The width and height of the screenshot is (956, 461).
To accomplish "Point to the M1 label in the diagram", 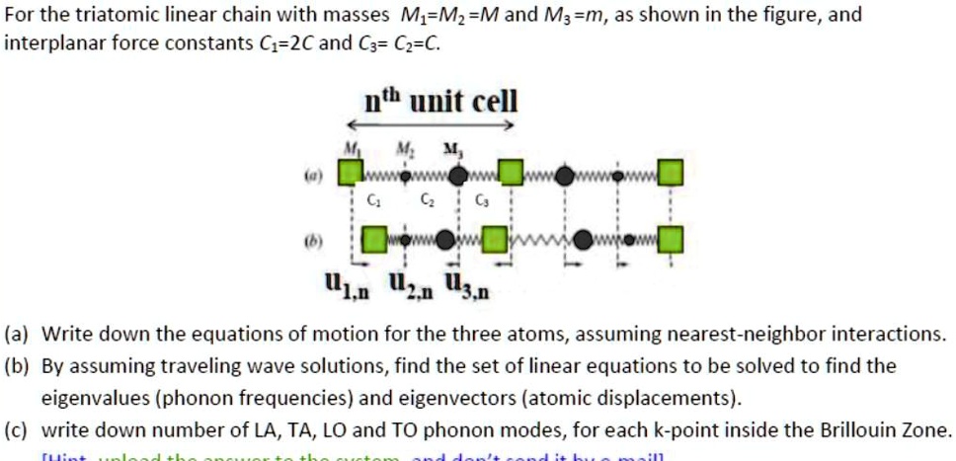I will click(x=349, y=149).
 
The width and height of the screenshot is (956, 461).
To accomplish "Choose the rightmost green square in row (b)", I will click(x=671, y=239).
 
